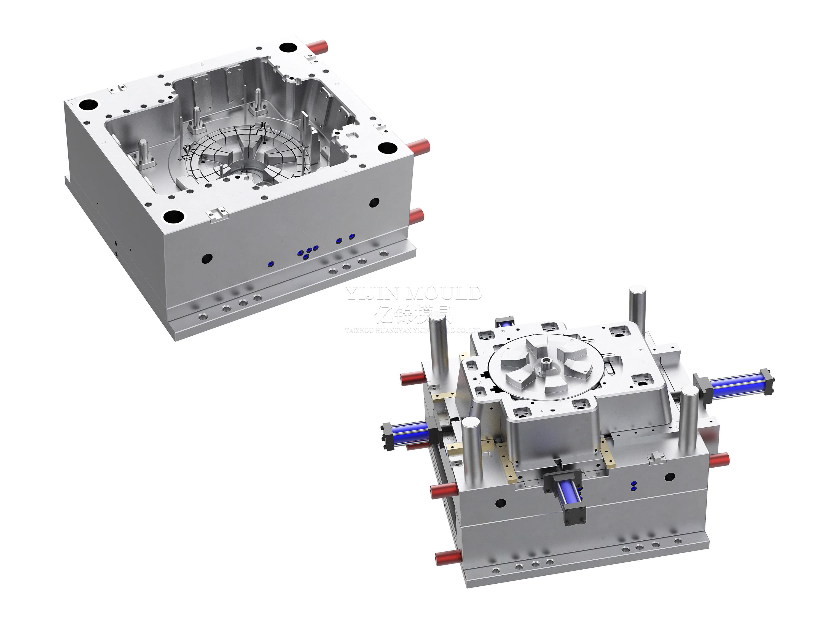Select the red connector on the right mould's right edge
(x=719, y=460)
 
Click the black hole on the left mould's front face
(x=207, y=258)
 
